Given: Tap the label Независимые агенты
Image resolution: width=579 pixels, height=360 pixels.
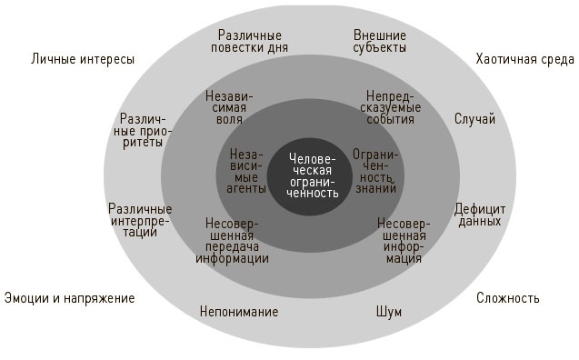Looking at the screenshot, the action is (x=247, y=172).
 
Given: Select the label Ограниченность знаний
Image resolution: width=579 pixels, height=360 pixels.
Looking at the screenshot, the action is (x=376, y=172).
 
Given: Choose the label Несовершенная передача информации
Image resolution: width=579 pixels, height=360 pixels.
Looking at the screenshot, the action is (x=232, y=240).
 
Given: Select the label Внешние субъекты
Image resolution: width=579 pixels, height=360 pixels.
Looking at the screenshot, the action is (x=379, y=42).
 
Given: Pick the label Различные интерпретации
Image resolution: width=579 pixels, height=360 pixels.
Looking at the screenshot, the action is (x=140, y=221).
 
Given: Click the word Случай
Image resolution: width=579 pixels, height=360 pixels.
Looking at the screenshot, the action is (x=474, y=119).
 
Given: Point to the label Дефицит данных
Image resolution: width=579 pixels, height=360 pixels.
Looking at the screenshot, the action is (x=479, y=215).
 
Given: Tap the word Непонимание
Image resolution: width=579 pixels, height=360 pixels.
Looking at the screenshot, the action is (x=239, y=312).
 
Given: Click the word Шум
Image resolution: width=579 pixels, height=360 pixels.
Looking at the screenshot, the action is (x=388, y=312).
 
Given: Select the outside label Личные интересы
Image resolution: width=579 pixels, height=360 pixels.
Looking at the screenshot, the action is (x=83, y=59).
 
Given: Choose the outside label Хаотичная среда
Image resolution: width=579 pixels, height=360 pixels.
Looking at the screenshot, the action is (x=524, y=59).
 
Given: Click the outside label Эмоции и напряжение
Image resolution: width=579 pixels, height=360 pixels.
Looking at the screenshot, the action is (x=69, y=297).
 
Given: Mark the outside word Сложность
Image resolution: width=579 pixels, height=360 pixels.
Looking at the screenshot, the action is (x=507, y=297).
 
